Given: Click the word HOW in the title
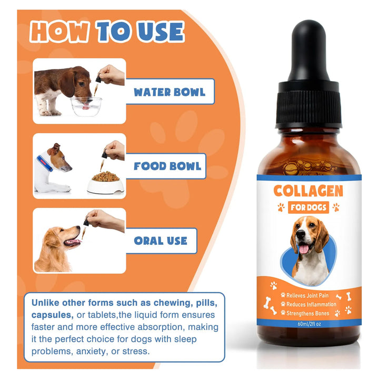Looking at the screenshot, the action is point(59,32).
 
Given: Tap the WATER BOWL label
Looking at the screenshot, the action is point(169,92).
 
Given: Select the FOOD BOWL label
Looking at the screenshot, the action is point(167,166).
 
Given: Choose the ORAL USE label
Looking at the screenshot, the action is point(161,241).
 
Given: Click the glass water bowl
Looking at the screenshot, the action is point(86,106).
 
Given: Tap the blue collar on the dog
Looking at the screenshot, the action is point(45,163).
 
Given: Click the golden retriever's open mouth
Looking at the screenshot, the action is point(73,242).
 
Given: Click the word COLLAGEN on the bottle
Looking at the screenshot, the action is point(308,191).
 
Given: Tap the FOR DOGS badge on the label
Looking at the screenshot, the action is point(308,207).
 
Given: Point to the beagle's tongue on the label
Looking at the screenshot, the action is point(304,249).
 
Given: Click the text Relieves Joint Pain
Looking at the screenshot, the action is point(307,295).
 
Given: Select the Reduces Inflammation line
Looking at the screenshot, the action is point(311,304).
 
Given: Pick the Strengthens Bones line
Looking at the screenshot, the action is point(308,313).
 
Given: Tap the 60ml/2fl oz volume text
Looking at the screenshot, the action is point(310,324).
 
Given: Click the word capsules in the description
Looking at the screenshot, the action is point(52,315).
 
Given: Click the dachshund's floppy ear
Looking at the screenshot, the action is point(67,83).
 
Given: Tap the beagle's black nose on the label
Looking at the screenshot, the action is point(301,234).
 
